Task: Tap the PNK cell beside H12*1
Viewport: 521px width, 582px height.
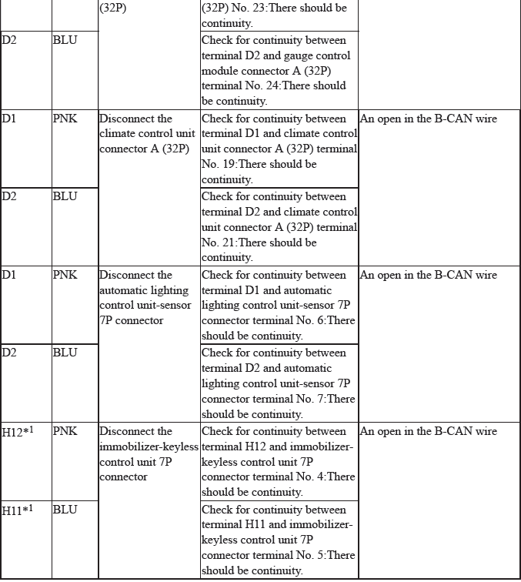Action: coord(65,431)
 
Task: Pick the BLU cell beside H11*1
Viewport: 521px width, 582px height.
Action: coord(65,509)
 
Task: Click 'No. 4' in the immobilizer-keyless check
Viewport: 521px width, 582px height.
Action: coord(302,477)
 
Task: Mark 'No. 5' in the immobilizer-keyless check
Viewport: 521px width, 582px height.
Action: coord(302,555)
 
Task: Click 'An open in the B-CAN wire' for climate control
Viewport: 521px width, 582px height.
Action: coord(429,119)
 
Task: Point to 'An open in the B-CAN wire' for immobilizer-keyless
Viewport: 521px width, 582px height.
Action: coord(429,431)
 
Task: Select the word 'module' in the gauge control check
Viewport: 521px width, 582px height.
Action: coord(219,70)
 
